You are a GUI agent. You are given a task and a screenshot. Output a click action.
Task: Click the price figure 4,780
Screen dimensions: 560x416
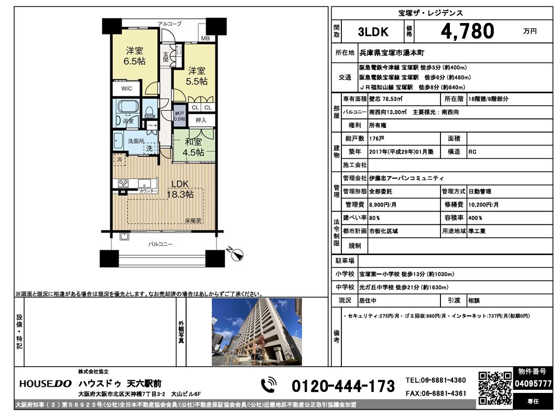tap(467, 31)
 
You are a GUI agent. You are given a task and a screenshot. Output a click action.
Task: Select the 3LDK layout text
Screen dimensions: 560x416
tap(373, 32)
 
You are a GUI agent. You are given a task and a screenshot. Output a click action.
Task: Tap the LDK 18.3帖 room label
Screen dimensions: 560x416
tap(180, 189)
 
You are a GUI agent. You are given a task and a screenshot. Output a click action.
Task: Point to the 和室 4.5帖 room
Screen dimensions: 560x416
tap(193, 147)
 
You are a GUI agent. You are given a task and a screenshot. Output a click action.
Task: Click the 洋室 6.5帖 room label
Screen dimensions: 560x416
tap(134, 56)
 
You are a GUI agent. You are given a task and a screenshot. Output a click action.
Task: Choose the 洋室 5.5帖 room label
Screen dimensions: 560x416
tap(197, 76)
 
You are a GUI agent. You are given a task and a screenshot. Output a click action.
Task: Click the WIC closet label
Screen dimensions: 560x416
tap(126, 89)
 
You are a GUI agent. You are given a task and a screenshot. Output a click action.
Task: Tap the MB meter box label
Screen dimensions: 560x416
tap(205, 38)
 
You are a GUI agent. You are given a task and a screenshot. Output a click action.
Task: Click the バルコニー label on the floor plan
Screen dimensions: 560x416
tap(160, 244)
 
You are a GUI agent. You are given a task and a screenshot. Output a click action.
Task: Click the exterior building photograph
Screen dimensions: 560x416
tap(257, 332)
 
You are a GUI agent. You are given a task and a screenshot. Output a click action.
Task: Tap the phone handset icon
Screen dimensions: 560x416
tap(268, 385)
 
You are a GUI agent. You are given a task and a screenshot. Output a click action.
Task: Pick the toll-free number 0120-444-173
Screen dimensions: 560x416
tap(343, 386)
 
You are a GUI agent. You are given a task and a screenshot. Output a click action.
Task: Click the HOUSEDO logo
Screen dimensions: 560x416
tap(46, 384)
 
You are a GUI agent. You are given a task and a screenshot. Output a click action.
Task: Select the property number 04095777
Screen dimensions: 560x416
tap(533, 384)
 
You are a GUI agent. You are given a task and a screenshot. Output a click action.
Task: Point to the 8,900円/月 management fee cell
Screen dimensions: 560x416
tap(382, 205)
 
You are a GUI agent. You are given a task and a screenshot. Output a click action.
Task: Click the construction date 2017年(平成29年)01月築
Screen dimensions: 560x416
tap(401, 152)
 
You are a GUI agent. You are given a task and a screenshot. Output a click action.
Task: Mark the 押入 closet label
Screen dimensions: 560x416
tap(201, 120)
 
